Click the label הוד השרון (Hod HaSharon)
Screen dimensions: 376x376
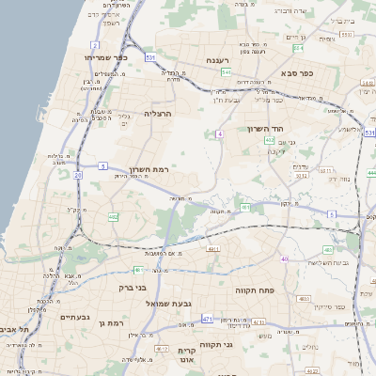266,129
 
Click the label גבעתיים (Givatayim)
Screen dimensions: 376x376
59,319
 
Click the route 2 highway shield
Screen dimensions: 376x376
95,45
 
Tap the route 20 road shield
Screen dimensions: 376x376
77,174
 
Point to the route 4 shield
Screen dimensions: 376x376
219,134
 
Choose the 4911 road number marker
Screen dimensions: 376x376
213,249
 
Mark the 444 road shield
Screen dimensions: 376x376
370,172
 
